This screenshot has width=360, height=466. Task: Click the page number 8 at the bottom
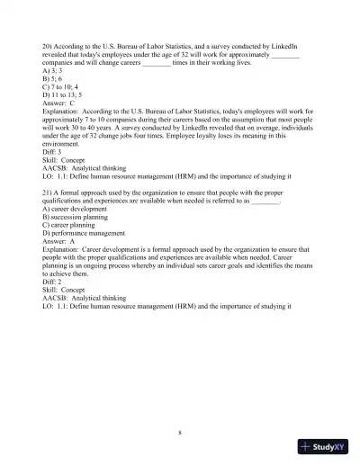(x=180, y=433)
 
